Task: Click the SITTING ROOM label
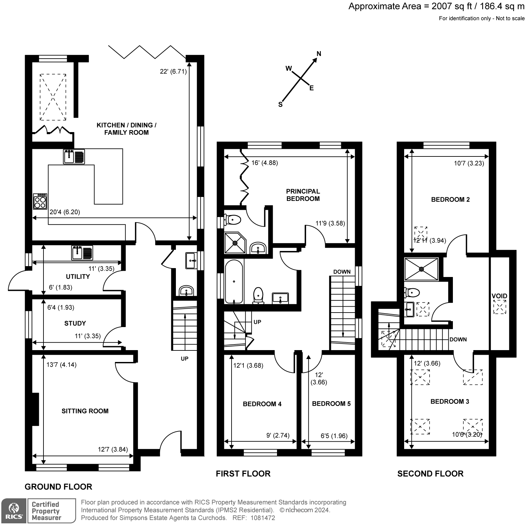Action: [x=85, y=411]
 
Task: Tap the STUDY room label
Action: [x=75, y=323]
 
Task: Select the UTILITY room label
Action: [x=78, y=277]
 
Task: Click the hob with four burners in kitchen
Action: [x=40, y=201]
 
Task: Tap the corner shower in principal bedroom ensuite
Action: [x=235, y=243]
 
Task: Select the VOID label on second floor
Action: [x=499, y=296]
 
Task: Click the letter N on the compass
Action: [x=319, y=54]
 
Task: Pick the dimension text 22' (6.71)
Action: [x=173, y=71]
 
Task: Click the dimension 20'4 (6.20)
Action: [x=65, y=212]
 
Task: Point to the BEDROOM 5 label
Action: [x=331, y=404]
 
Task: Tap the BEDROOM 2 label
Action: [x=450, y=199]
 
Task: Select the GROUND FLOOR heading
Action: [x=58, y=486]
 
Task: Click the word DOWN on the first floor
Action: [x=342, y=272]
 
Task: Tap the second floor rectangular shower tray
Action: [x=422, y=269]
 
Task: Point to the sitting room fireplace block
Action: [x=35, y=409]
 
